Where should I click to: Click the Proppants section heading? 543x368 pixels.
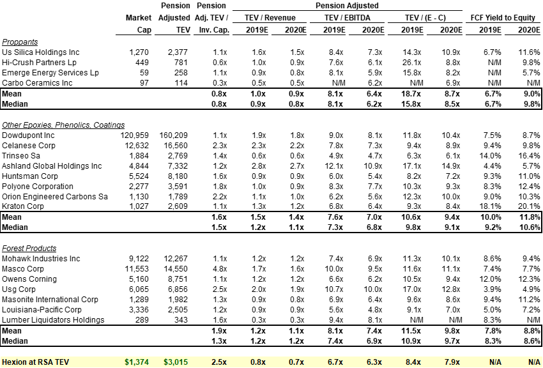pyautogui.click(x=20, y=41)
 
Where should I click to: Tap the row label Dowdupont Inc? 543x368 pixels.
pyautogui.click(x=29, y=135)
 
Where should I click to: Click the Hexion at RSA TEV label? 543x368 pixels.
pyautogui.click(x=35, y=362)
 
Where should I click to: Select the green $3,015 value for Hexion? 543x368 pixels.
pyautogui.click(x=176, y=362)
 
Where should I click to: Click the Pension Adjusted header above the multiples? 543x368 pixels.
pyautogui.click(x=348, y=6)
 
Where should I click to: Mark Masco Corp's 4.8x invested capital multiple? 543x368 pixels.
pyautogui.click(x=219, y=268)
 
